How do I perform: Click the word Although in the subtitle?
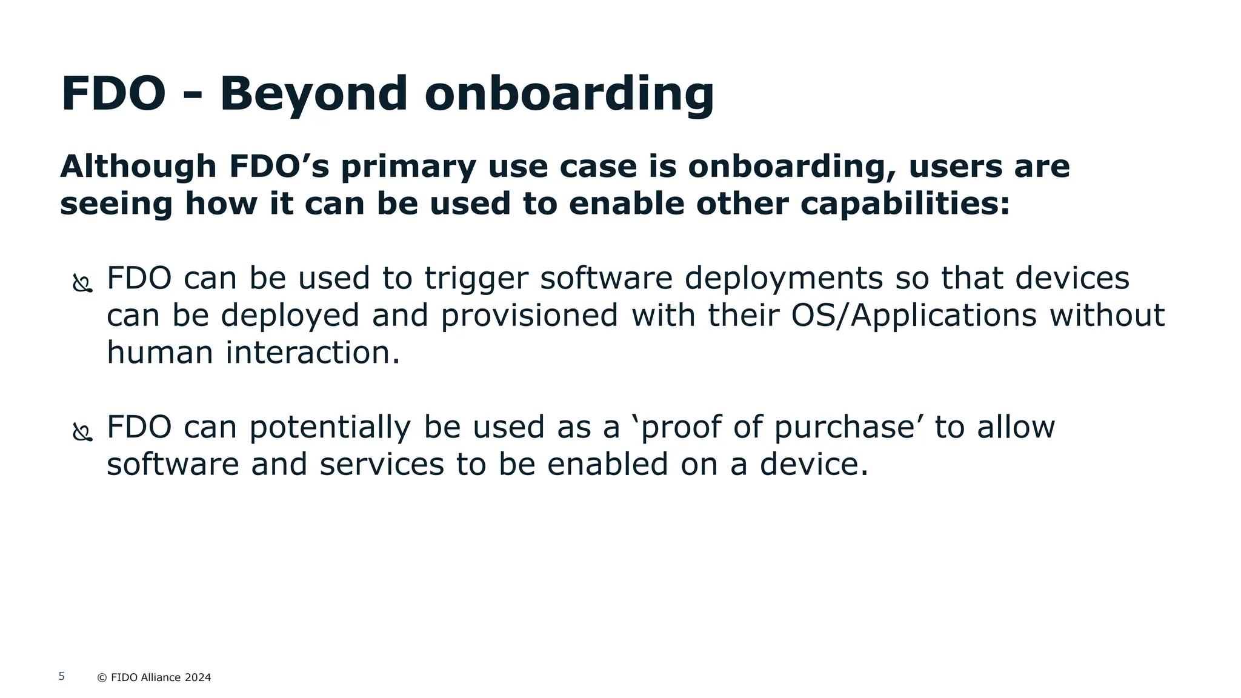pyautogui.click(x=138, y=167)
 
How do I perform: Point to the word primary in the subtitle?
pyautogui.click(x=408, y=168)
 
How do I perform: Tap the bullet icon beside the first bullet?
pyautogui.click(x=82, y=283)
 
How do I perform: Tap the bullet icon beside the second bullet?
pyautogui.click(x=82, y=432)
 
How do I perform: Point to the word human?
pyautogui.click(x=160, y=353)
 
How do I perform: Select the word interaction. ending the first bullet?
pyautogui.click(x=313, y=353)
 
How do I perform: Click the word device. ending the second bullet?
pyautogui.click(x=814, y=465)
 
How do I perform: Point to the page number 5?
pyautogui.click(x=61, y=676)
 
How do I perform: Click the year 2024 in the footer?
pyautogui.click(x=198, y=677)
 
